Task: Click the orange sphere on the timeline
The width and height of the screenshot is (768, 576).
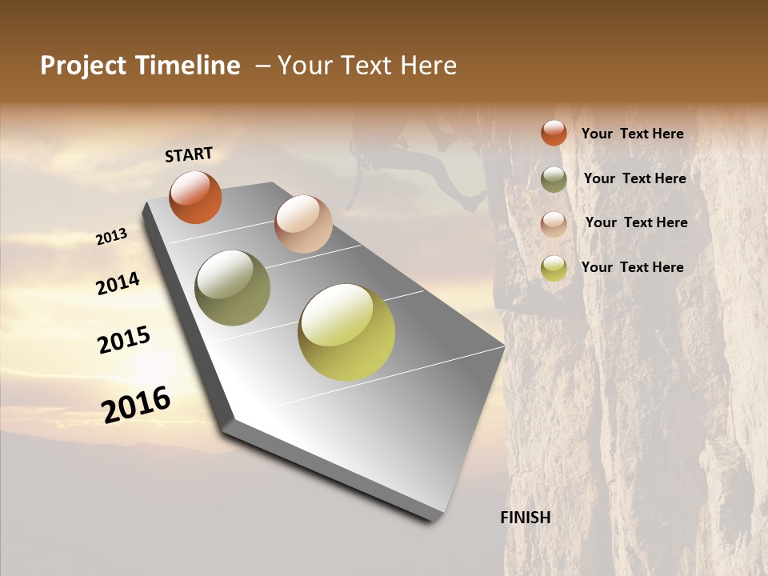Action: click(195, 197)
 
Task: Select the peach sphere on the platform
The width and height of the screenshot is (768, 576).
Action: click(303, 224)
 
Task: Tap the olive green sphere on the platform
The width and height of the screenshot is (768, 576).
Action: click(233, 288)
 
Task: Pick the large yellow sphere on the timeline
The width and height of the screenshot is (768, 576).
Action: click(346, 332)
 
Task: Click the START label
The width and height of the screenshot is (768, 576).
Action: click(189, 154)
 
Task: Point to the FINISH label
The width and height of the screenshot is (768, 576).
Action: click(526, 518)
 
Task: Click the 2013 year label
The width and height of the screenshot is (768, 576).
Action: click(111, 237)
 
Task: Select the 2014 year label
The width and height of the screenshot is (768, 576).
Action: click(118, 283)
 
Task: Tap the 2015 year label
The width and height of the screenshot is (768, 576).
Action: click(124, 340)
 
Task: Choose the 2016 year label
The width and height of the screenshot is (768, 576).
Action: click(136, 404)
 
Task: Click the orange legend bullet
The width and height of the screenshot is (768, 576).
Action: click(554, 133)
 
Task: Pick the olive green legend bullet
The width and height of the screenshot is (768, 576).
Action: click(554, 179)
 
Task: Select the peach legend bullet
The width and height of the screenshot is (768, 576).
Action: click(554, 223)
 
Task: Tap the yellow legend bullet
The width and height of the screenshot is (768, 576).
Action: click(554, 268)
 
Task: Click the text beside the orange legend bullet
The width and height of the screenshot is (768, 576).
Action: click(632, 134)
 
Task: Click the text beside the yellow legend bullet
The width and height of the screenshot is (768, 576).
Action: click(632, 267)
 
